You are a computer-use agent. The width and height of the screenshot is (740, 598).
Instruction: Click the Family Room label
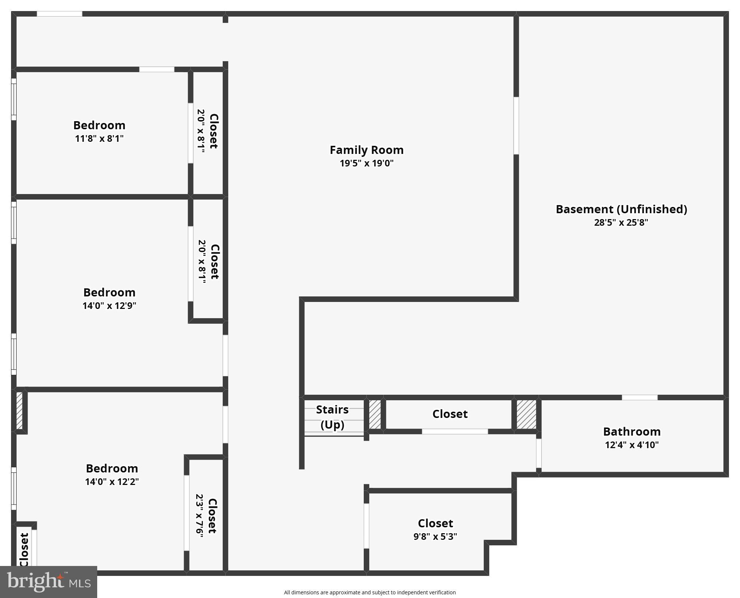tap(366, 150)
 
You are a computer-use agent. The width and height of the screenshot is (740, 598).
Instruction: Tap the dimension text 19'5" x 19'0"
tap(366, 163)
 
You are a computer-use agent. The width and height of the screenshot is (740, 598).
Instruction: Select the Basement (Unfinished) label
tap(621, 209)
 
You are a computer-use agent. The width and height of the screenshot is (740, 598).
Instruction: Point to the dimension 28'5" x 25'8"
tap(621, 222)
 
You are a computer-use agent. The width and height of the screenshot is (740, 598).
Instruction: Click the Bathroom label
tap(631, 432)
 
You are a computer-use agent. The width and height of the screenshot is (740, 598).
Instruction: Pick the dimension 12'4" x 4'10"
tap(631, 445)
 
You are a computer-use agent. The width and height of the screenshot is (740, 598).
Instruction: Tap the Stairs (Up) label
tap(332, 417)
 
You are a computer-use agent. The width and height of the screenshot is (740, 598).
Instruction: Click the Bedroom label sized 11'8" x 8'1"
tap(99, 125)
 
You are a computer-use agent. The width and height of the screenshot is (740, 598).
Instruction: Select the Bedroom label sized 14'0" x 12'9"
tap(109, 292)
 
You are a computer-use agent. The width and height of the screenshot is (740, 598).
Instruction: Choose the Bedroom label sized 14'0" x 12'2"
tap(112, 468)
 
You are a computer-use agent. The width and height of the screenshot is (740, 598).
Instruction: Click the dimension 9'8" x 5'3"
tap(435, 537)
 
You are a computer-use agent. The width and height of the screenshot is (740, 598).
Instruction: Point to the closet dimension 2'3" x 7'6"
tap(200, 516)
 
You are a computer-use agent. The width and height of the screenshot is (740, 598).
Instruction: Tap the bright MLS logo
tap(49, 581)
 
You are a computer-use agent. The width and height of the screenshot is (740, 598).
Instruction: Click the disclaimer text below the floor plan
tap(370, 592)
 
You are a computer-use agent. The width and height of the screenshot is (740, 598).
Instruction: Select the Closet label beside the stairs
tap(450, 414)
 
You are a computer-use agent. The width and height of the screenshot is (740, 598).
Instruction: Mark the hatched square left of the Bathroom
tap(526, 414)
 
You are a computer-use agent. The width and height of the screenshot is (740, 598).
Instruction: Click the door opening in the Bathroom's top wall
tap(639, 398)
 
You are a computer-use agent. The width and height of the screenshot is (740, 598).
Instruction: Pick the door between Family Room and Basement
tap(516, 126)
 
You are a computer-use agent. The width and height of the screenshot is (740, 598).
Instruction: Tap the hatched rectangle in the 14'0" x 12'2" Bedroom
tap(20, 411)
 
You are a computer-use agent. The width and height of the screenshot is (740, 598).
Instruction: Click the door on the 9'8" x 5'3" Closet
tap(366, 525)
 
